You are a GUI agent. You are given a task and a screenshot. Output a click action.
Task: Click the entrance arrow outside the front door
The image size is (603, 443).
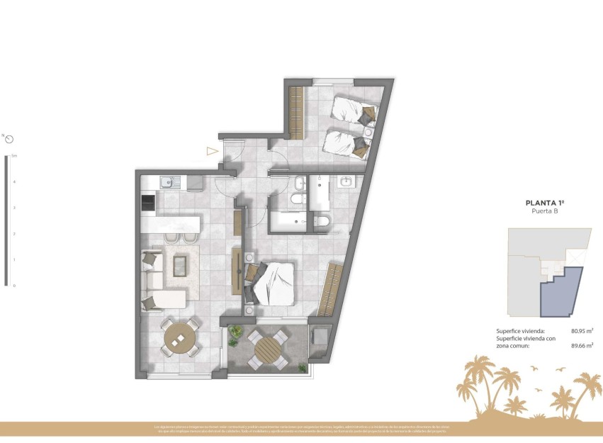[211, 150]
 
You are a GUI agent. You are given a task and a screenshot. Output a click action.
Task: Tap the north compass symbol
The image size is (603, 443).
[9, 140]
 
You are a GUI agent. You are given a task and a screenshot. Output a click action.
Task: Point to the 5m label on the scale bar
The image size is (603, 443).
[13, 155]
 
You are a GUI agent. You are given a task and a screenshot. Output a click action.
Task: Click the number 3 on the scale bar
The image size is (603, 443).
[13, 208]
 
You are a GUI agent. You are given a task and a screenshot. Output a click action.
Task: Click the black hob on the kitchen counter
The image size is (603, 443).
[149, 203]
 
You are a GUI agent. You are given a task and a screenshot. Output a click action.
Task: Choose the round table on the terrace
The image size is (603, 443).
[268, 349]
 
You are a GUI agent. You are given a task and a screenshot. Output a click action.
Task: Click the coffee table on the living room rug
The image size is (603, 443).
[181, 266]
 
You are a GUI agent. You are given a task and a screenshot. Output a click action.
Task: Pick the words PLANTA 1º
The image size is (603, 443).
[545, 203]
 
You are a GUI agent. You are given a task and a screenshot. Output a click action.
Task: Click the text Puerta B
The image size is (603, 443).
[545, 211]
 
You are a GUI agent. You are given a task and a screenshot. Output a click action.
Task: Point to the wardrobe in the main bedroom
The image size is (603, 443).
[330, 289]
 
